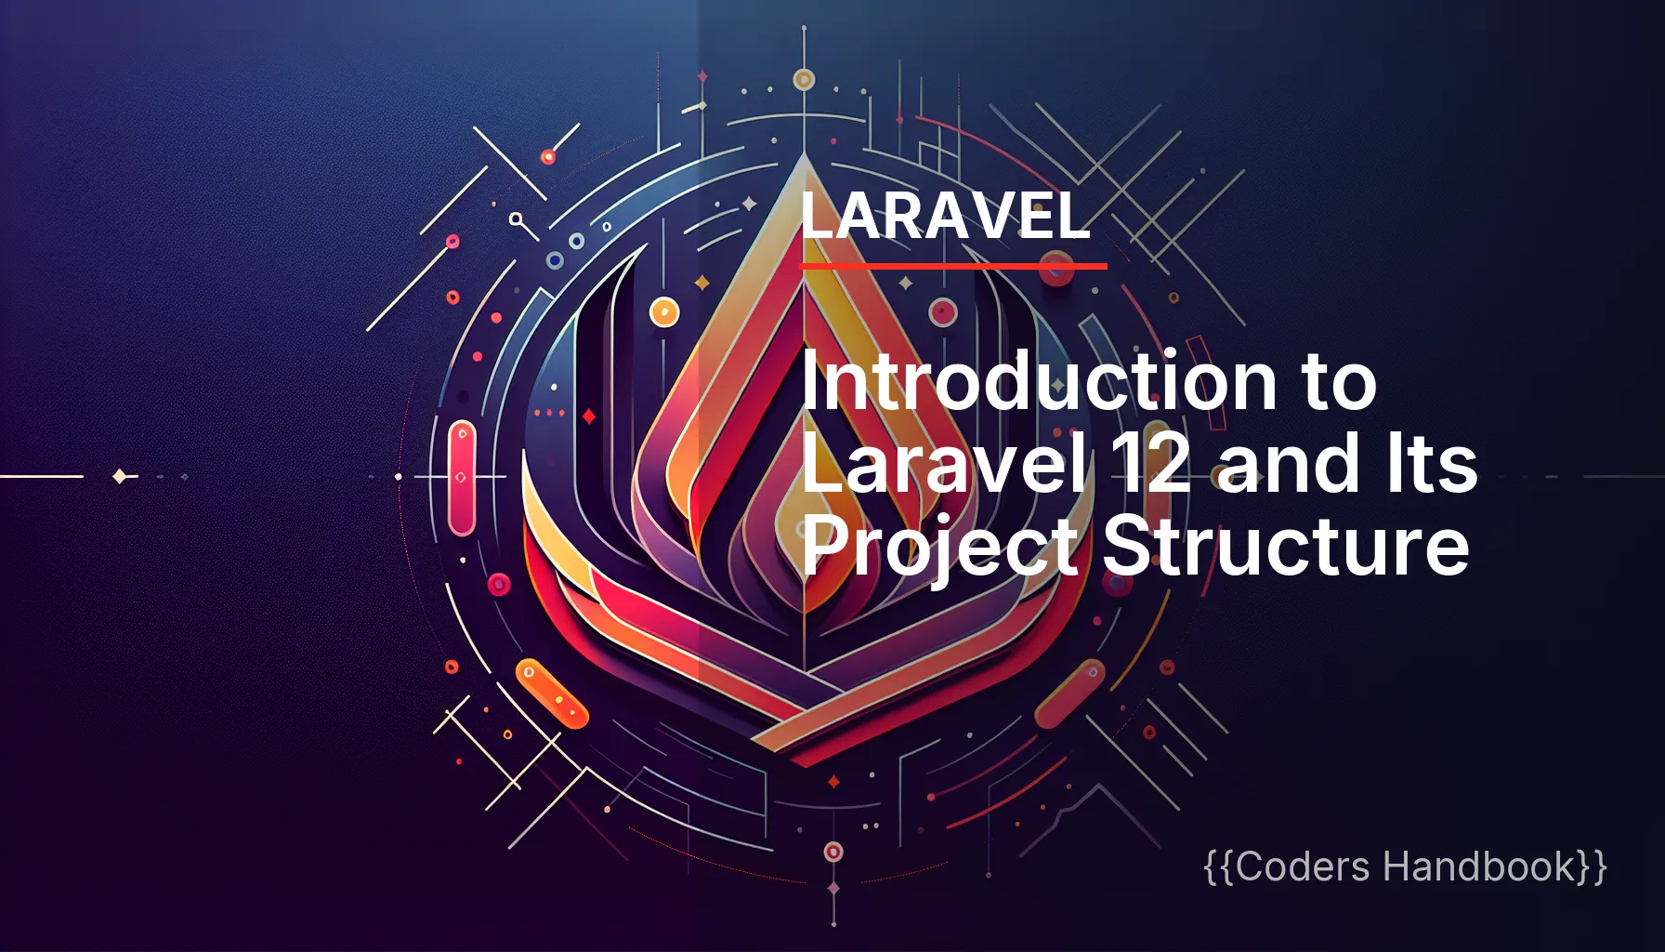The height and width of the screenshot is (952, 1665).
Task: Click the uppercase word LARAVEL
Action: coord(944,216)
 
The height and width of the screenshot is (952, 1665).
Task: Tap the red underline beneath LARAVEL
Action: coord(953,266)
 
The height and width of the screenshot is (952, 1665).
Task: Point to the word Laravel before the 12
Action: coord(942,464)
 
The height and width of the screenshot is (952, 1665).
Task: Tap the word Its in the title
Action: coord(1430,464)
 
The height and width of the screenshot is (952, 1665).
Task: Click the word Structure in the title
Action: coord(1286,546)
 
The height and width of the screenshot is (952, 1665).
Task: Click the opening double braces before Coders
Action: coord(1219,867)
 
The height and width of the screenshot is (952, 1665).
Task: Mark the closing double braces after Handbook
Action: coord(1593,867)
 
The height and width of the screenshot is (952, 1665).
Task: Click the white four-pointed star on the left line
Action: coord(120,477)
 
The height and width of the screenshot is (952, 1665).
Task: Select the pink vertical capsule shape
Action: coord(462,478)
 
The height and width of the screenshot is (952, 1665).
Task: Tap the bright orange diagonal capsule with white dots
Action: coord(552,694)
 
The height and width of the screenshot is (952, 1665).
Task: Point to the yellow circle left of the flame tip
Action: coord(664,312)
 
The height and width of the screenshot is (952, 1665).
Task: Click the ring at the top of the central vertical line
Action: coord(804,80)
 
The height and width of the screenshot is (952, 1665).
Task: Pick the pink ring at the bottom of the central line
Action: coord(833,852)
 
